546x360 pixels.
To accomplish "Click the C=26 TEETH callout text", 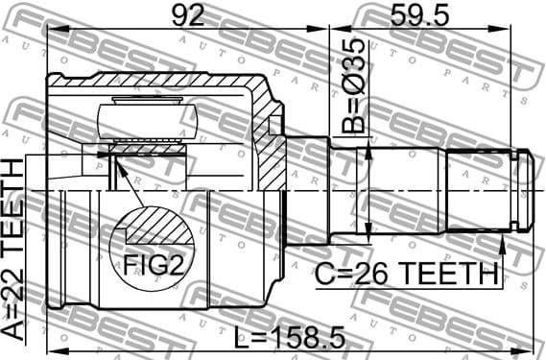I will [x=406, y=276].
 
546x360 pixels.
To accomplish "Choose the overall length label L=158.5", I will [x=290, y=340].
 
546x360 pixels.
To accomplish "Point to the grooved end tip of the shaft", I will [x=523, y=190].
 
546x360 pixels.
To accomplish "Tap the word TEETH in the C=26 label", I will [x=446, y=276].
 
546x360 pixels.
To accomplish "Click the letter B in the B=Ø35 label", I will [x=352, y=126].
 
